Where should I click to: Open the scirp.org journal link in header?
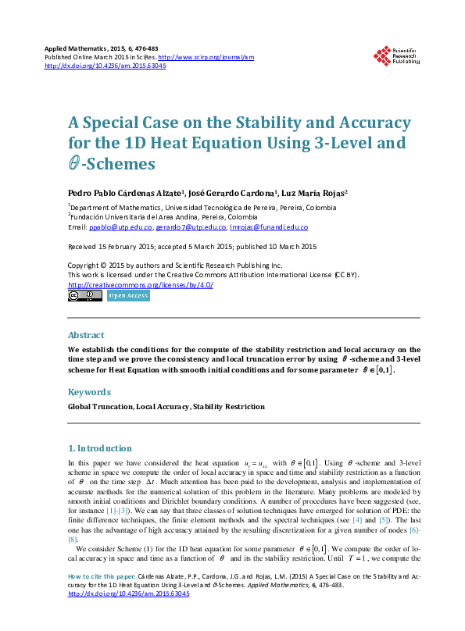coord(206,58)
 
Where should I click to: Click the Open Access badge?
coord(127,296)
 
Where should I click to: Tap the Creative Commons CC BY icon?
coord(85,296)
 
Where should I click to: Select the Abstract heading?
coord(86,335)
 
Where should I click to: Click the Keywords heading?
coord(88,392)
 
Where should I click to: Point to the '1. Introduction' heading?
coord(100,449)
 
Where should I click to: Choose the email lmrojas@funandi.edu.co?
coord(268,227)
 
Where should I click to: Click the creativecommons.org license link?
coord(141,285)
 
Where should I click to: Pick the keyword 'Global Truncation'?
coord(100,407)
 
